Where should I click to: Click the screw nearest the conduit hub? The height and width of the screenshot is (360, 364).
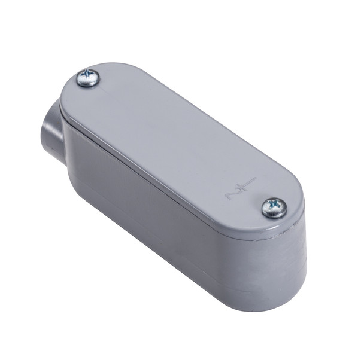coord(88,78)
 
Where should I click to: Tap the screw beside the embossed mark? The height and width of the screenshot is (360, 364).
coord(274,208)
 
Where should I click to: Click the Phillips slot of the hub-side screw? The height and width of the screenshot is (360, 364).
coord(88,77)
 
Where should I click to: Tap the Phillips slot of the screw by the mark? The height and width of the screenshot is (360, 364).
coord(274,207)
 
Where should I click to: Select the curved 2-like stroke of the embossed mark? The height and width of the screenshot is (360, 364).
coord(231,193)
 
